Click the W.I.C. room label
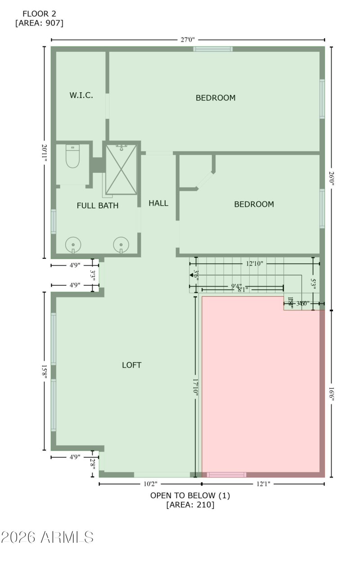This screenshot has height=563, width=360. (x=81, y=95)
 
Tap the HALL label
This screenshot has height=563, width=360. (x=158, y=203)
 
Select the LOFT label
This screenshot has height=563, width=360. (x=132, y=365)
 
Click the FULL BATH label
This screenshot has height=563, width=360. (x=98, y=206)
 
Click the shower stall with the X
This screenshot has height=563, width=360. (x=121, y=169)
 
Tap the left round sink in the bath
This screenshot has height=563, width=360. (x=73, y=245)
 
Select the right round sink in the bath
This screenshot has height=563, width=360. (x=121, y=245)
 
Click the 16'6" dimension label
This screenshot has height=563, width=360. (x=332, y=393)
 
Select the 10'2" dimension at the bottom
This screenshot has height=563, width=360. (x=150, y=484)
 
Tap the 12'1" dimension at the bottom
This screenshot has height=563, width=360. (x=263, y=484)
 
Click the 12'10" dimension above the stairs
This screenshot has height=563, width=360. (x=255, y=263)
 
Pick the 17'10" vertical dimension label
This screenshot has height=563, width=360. (x=195, y=387)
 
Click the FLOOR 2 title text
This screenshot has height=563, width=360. (x=39, y=14)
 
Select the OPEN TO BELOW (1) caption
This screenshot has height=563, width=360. (x=190, y=495)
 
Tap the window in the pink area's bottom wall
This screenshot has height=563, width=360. (x=226, y=475)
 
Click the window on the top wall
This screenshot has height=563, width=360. (x=213, y=49)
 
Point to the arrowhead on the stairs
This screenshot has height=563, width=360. (x=197, y=275)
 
